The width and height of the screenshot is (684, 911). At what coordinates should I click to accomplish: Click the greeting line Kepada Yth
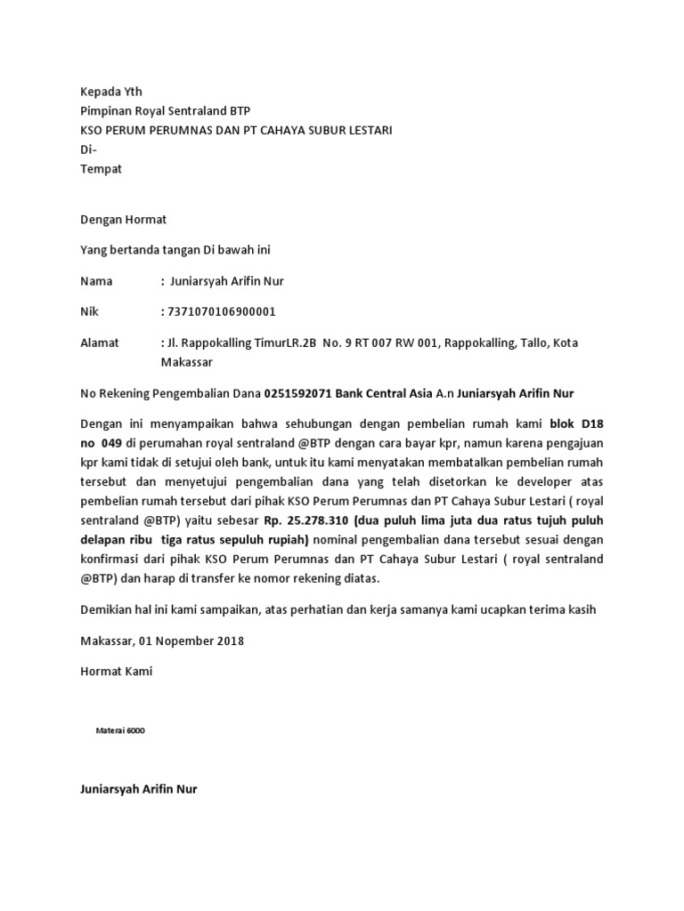click(110, 92)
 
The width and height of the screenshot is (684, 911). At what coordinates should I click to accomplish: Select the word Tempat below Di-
click(101, 169)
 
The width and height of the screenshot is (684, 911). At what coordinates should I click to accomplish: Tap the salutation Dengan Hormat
click(123, 219)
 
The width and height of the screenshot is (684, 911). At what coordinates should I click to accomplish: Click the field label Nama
click(96, 281)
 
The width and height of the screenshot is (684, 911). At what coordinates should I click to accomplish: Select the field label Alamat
click(99, 343)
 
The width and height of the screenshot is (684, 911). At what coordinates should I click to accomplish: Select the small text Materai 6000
click(120, 730)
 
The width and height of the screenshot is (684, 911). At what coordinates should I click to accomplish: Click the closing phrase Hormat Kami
click(116, 672)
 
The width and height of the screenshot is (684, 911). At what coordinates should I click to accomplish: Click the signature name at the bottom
click(139, 789)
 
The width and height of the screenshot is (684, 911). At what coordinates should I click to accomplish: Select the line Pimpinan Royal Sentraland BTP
click(166, 111)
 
